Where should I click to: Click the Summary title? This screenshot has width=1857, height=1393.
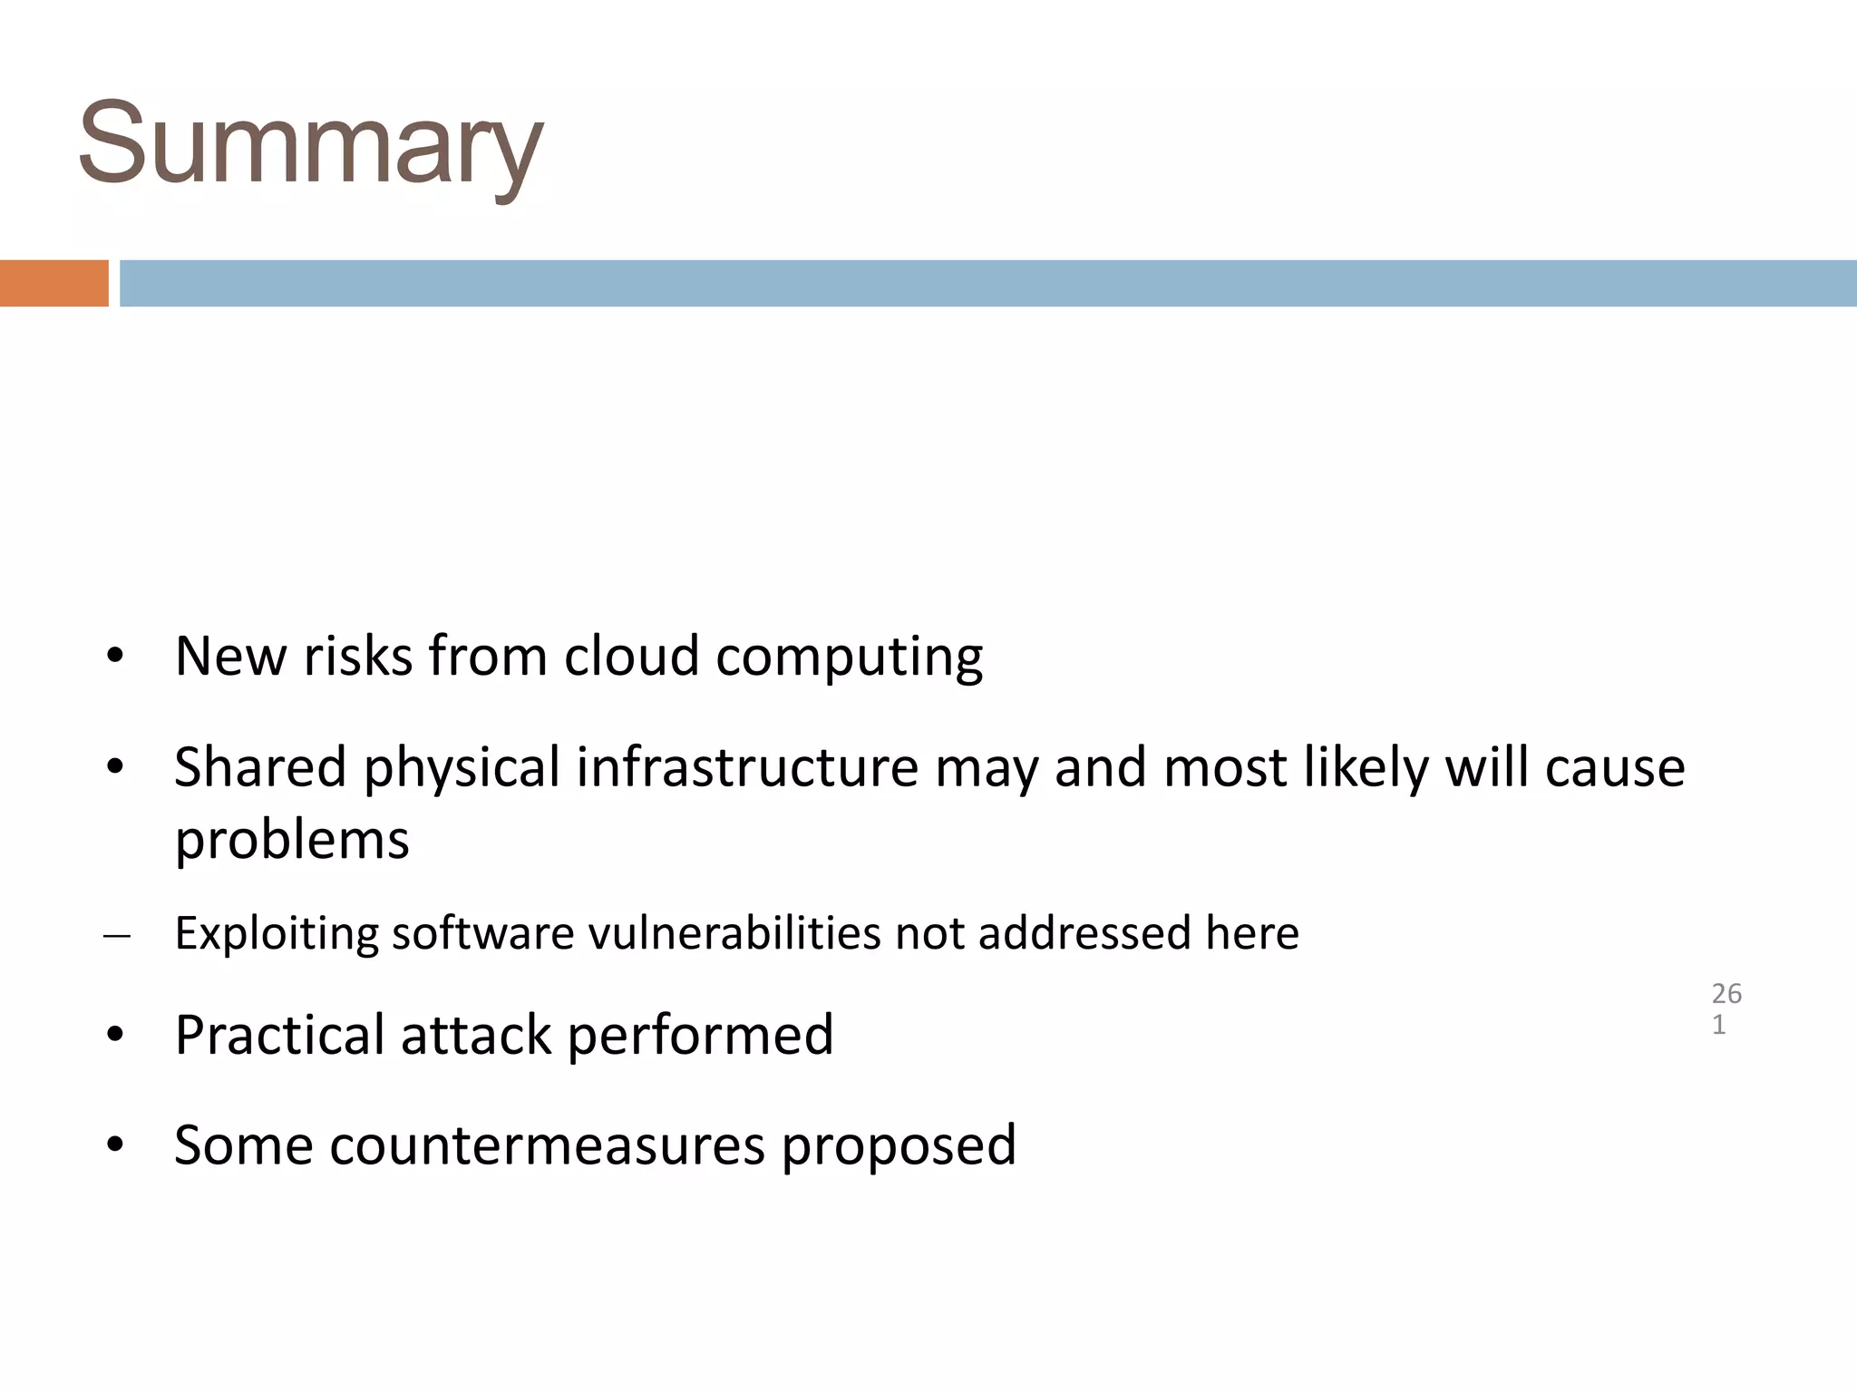[x=310, y=145]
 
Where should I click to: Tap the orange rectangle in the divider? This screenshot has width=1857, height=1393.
[x=53, y=283]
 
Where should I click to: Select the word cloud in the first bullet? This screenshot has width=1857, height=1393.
[x=631, y=656]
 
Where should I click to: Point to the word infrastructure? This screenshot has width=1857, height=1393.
[x=747, y=767]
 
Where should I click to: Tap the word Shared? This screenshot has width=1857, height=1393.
[x=260, y=767]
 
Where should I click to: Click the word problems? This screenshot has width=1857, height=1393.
[x=292, y=841]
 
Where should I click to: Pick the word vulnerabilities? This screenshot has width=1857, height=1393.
[x=734, y=933]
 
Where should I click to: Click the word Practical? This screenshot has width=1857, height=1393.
[x=279, y=1035]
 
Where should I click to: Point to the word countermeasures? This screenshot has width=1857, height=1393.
[x=548, y=1145]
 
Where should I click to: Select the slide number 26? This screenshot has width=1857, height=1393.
[x=1726, y=994]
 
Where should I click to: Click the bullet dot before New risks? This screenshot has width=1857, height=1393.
[x=114, y=657]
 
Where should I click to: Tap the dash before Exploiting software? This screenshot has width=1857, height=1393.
[x=117, y=935]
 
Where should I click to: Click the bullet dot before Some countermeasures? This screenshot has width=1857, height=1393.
[x=114, y=1145]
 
